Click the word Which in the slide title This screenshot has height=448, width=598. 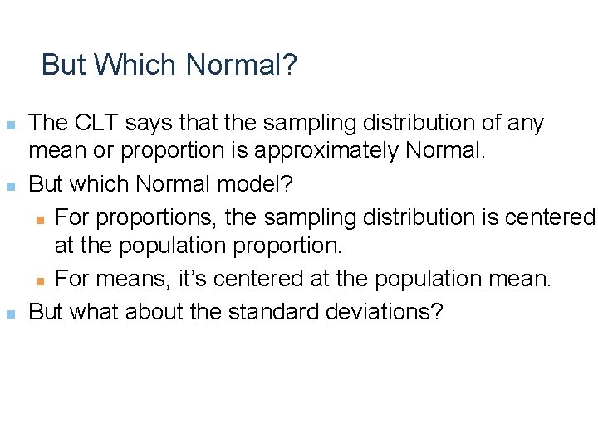tap(136, 64)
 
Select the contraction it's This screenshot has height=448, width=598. tap(194, 279)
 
